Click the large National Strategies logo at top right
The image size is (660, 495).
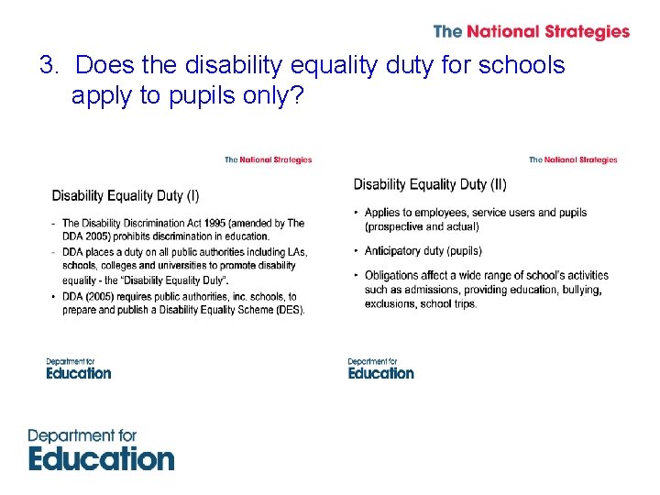point(531,31)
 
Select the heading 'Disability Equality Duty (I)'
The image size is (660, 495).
point(126,195)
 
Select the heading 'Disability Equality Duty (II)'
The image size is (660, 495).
point(430,184)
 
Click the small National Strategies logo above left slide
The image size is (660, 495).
point(268,159)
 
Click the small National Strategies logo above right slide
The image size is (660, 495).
point(573,159)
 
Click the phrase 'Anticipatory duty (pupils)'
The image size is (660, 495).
point(423,250)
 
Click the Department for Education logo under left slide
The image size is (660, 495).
point(79,368)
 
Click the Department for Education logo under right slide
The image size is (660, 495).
point(380,368)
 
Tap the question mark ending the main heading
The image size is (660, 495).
point(295,95)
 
